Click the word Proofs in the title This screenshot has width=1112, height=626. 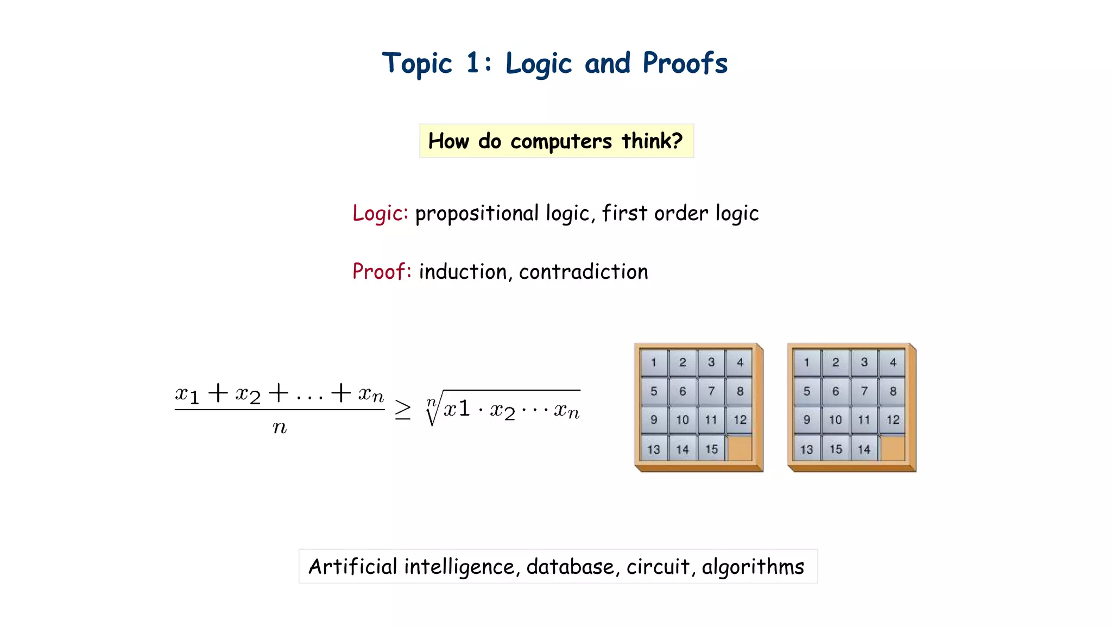point(685,63)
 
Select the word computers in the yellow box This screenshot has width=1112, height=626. point(561,141)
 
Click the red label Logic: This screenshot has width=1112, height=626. point(380,213)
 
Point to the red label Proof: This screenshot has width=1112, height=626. point(382,271)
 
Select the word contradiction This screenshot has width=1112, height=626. point(583,272)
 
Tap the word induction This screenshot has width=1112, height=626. point(463,272)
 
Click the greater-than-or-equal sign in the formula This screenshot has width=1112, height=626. point(402,409)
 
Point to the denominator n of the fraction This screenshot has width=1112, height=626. point(280,428)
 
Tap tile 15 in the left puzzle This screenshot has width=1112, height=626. point(711,449)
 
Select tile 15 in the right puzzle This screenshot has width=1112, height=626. point(836,449)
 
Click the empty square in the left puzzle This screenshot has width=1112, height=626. point(740,449)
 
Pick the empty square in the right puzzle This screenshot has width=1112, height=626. point(893,449)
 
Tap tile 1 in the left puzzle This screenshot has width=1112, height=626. point(654,362)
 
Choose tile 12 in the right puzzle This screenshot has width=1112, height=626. point(893,420)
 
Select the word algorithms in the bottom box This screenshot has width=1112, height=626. point(753,567)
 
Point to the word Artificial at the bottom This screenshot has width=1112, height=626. point(353,567)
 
